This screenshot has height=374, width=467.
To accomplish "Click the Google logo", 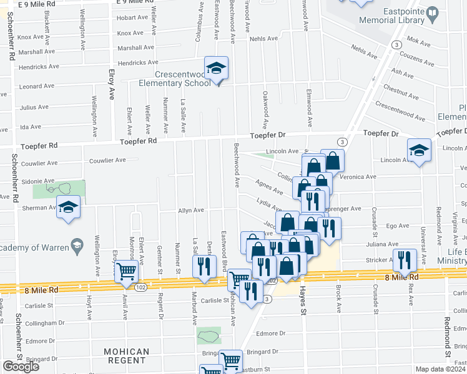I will [x=21, y=367].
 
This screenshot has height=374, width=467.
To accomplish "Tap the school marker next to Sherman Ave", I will [x=68, y=208].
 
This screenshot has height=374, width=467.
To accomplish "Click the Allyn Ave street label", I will [x=191, y=211].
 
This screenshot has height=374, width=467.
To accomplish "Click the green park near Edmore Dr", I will [x=209, y=336].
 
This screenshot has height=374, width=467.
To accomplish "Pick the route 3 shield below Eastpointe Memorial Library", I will [x=396, y=45].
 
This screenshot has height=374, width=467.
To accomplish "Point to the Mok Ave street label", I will [x=418, y=44].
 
